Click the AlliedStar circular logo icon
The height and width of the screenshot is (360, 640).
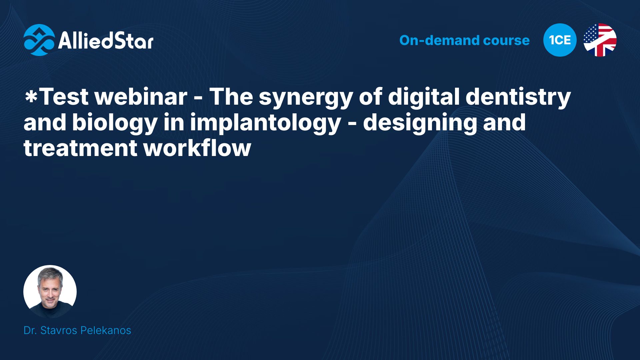point(39,40)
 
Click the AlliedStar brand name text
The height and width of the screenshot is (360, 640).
point(106,41)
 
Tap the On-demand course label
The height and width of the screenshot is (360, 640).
point(464,40)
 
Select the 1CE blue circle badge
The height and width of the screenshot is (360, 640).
point(560,40)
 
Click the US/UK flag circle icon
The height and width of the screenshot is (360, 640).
point(600,40)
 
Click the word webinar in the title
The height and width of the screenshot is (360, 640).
point(141,97)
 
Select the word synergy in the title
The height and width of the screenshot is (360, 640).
point(305,98)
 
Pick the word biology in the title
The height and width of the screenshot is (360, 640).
point(114,123)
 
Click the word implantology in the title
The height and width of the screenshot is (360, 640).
point(265,123)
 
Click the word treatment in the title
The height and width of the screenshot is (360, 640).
point(80,148)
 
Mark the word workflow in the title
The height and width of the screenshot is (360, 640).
point(197,148)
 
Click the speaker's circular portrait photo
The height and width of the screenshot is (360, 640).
point(50,292)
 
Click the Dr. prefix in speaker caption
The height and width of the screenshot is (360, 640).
point(30,330)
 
